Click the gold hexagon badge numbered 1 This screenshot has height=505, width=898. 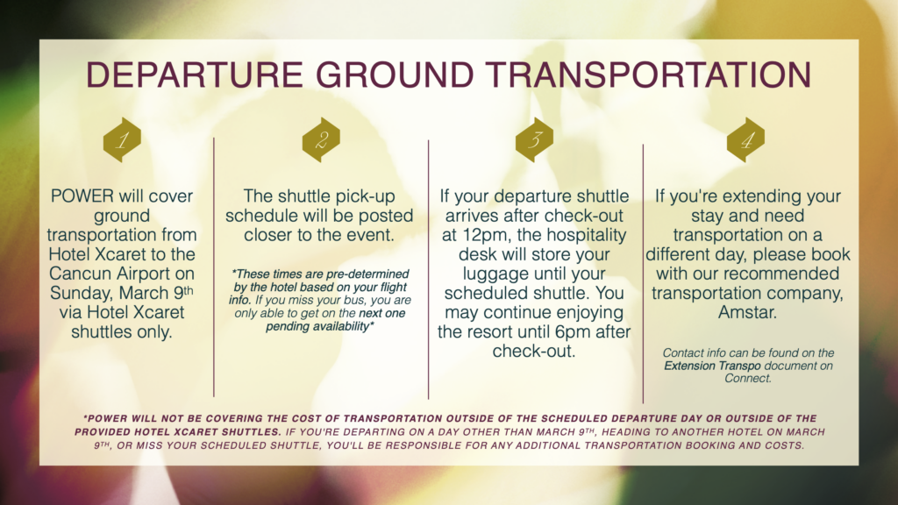(x=122, y=139)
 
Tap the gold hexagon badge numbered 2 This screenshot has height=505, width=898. (x=321, y=139)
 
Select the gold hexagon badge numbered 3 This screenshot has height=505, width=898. (x=534, y=139)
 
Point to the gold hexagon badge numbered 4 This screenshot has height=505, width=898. (x=745, y=139)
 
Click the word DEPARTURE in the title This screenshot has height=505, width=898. (x=194, y=75)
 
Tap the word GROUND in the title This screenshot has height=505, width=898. (x=396, y=75)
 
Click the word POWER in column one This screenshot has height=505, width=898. (x=82, y=196)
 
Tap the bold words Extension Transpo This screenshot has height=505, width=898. (x=712, y=366)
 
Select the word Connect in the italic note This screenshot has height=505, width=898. (x=747, y=379)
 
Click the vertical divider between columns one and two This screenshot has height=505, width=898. (x=214, y=267)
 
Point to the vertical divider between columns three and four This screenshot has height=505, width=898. (x=643, y=274)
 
